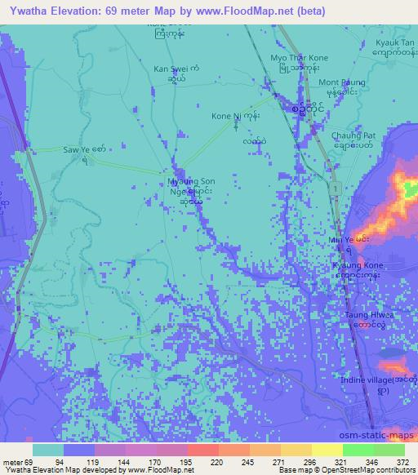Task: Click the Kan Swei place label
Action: point(171,69)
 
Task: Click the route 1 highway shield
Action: point(335,189)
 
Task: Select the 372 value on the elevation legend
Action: point(402,462)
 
